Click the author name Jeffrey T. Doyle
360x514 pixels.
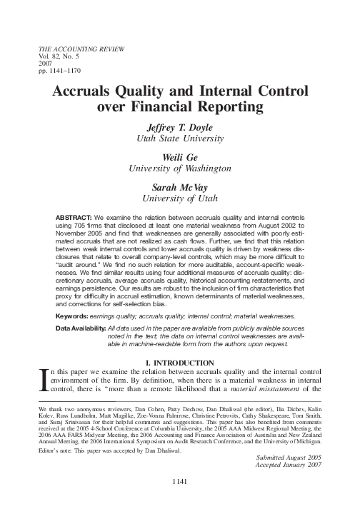(180, 126)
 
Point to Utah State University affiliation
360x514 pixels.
(180, 137)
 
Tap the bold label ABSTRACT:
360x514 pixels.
(74, 216)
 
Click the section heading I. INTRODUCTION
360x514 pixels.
(180, 363)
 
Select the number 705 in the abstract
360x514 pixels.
(86, 223)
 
